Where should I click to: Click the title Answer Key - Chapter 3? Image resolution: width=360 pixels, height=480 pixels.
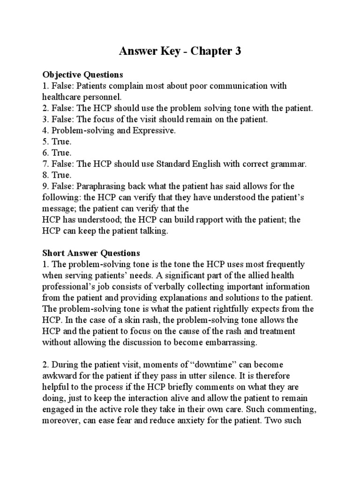pos(180,51)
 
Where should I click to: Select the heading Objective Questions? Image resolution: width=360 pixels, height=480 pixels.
pos(82,75)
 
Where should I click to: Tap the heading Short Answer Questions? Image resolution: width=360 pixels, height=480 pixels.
pos(91,254)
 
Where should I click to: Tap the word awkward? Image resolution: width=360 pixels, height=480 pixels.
pos(60,375)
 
